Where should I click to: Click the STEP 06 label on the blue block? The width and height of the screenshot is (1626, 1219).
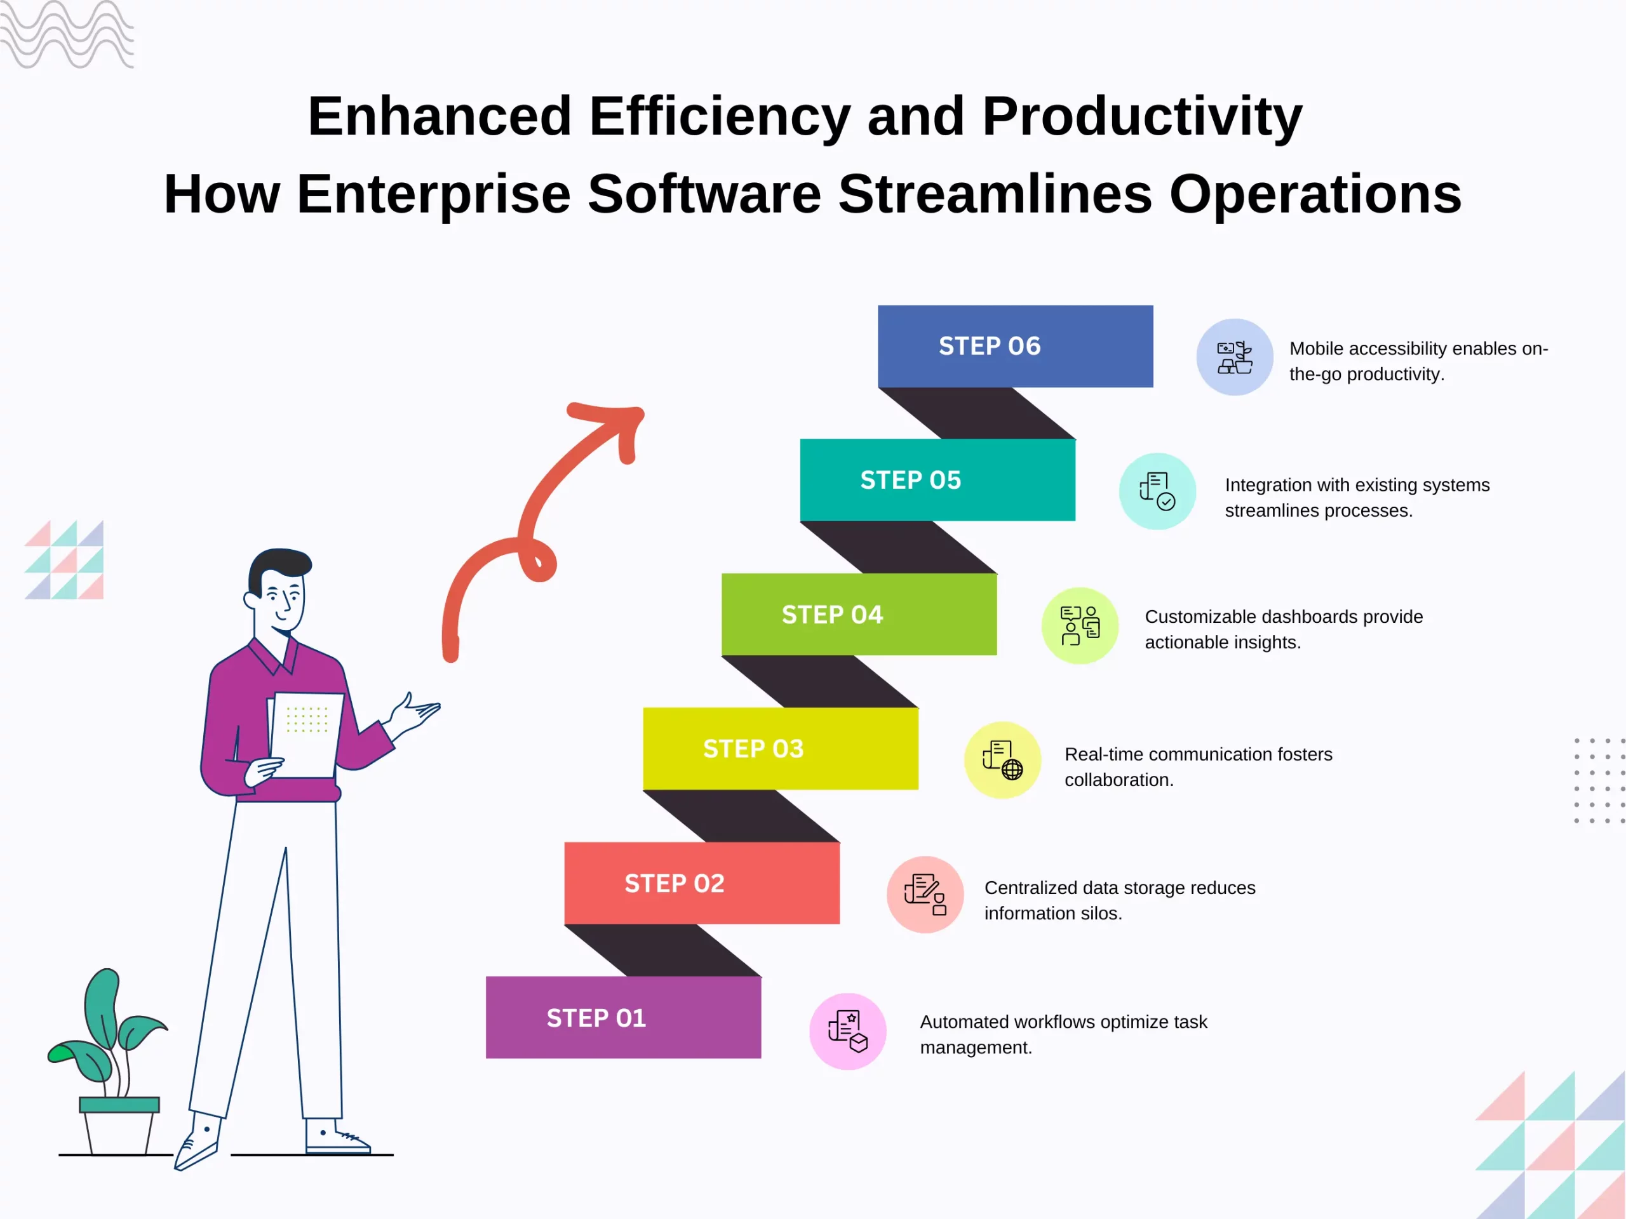(990, 346)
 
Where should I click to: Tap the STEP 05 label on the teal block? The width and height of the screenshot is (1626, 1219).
(911, 481)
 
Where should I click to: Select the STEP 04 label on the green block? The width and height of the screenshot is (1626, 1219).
(832, 615)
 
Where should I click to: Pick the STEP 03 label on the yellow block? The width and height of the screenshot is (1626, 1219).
(753, 749)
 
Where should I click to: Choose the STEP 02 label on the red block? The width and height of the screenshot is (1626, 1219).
(675, 883)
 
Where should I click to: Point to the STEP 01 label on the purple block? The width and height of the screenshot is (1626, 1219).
(596, 1018)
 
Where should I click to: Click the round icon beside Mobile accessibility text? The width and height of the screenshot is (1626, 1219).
(1235, 357)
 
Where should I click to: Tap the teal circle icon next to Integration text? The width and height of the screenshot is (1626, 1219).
(1157, 491)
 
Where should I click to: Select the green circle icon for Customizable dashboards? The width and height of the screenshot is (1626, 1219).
(1080, 626)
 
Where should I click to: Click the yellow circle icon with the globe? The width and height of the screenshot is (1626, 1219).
(1003, 760)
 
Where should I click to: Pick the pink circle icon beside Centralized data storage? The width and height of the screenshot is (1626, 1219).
(925, 894)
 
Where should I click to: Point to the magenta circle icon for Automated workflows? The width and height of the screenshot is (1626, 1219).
(847, 1032)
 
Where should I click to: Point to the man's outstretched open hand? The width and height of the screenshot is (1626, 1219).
(415, 713)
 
